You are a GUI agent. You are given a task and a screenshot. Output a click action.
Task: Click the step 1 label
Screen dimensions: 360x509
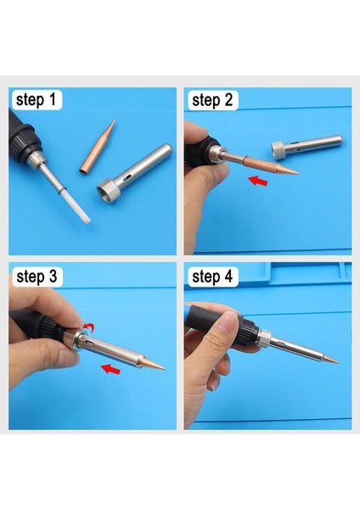coord(36,99)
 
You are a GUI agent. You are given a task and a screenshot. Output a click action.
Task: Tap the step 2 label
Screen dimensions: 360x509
coord(212,100)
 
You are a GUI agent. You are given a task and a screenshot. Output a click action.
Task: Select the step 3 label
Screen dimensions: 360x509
coord(37,277)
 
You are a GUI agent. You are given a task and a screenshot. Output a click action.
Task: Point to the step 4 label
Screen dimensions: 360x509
coord(212,277)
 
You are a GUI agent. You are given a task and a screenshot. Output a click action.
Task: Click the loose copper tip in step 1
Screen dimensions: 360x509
coord(98,146)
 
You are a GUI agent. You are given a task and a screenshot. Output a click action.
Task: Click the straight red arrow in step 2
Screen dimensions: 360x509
coord(257,181)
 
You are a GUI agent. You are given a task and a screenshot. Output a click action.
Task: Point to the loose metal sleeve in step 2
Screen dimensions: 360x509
coord(307,147)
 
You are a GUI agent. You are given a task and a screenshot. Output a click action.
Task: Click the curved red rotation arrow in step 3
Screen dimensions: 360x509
coord(88,327)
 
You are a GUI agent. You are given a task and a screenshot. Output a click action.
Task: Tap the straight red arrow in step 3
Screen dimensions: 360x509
coord(110,369)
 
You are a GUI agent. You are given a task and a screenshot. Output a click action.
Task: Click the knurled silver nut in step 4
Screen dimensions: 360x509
coord(264,338)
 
